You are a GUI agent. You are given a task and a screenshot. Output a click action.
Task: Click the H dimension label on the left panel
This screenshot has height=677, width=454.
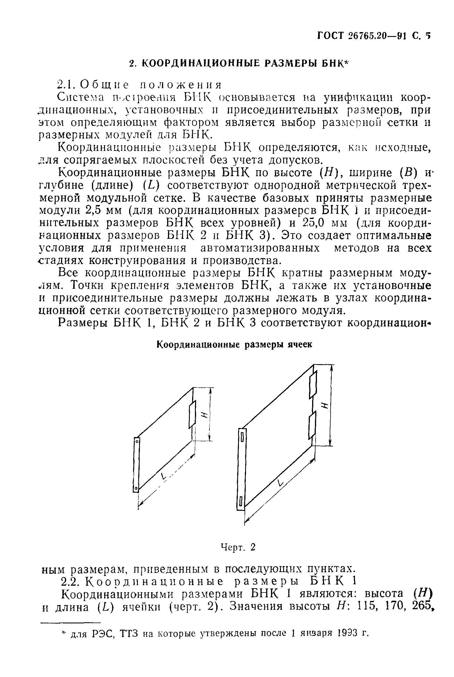point(204,415)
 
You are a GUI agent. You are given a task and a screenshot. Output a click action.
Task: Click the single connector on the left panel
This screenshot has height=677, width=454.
point(192,414)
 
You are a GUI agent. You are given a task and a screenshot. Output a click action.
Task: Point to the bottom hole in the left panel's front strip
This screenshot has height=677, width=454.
point(136,489)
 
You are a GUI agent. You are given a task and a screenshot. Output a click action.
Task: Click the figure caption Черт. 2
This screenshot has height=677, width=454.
point(238,547)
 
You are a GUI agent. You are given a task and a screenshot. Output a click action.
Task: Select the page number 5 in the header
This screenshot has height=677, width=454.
point(428,35)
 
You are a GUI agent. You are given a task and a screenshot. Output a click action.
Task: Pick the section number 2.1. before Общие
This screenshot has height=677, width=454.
point(68,85)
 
